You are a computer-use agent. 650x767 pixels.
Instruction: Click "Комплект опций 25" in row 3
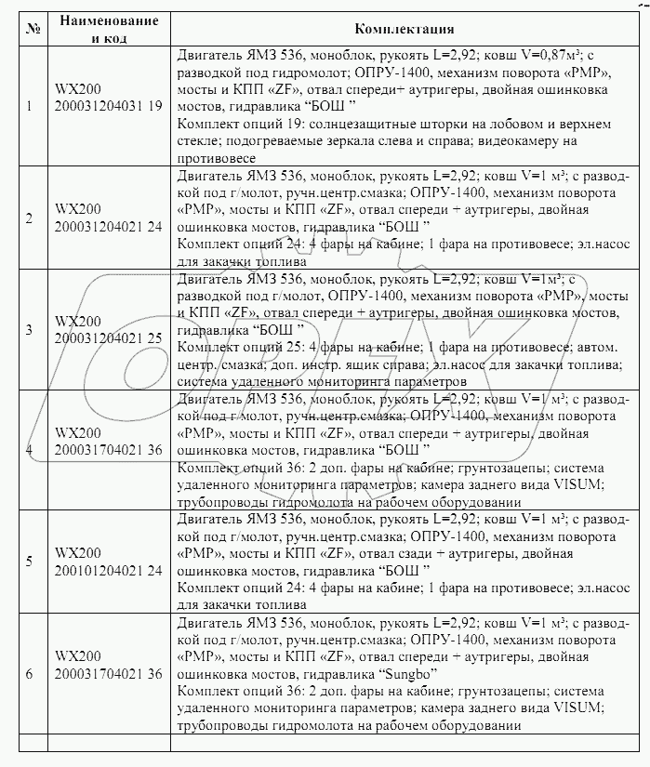(x=233, y=346)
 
